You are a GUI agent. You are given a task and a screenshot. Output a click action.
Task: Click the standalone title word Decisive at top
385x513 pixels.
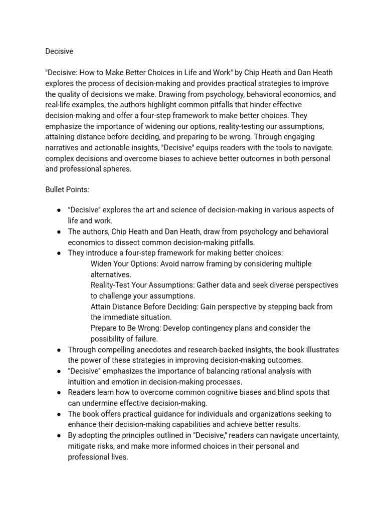[59, 51]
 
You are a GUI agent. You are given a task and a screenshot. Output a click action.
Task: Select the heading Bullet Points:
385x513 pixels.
[67, 190]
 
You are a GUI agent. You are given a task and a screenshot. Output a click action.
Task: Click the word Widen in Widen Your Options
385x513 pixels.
[101, 264]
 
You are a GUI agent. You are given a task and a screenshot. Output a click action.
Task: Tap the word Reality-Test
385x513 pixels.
[111, 285]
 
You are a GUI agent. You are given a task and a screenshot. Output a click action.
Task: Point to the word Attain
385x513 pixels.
[102, 307]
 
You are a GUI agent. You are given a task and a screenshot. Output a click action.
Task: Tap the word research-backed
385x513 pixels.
[221, 349]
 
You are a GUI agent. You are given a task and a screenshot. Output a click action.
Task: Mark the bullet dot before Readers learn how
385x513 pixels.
[59, 393]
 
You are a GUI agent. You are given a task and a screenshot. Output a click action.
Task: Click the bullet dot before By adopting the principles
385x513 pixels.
[59, 436]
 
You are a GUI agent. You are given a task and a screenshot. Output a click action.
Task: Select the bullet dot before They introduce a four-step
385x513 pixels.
[59, 253]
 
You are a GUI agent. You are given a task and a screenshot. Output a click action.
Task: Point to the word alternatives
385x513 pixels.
[111, 275]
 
